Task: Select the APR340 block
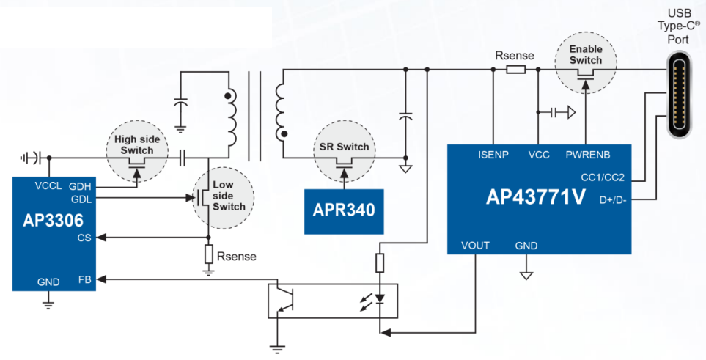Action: [344, 210]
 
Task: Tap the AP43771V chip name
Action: [536, 196]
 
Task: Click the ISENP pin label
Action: [494, 155]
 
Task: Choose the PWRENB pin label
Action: [588, 155]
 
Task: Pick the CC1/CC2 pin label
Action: [602, 177]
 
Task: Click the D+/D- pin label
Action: [611, 199]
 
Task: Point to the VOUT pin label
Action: [475, 246]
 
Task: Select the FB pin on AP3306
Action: [85, 279]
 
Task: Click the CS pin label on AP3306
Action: [84, 238]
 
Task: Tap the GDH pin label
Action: [80, 186]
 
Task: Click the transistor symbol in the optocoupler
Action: [282, 301]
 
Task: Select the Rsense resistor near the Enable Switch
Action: [515, 70]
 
